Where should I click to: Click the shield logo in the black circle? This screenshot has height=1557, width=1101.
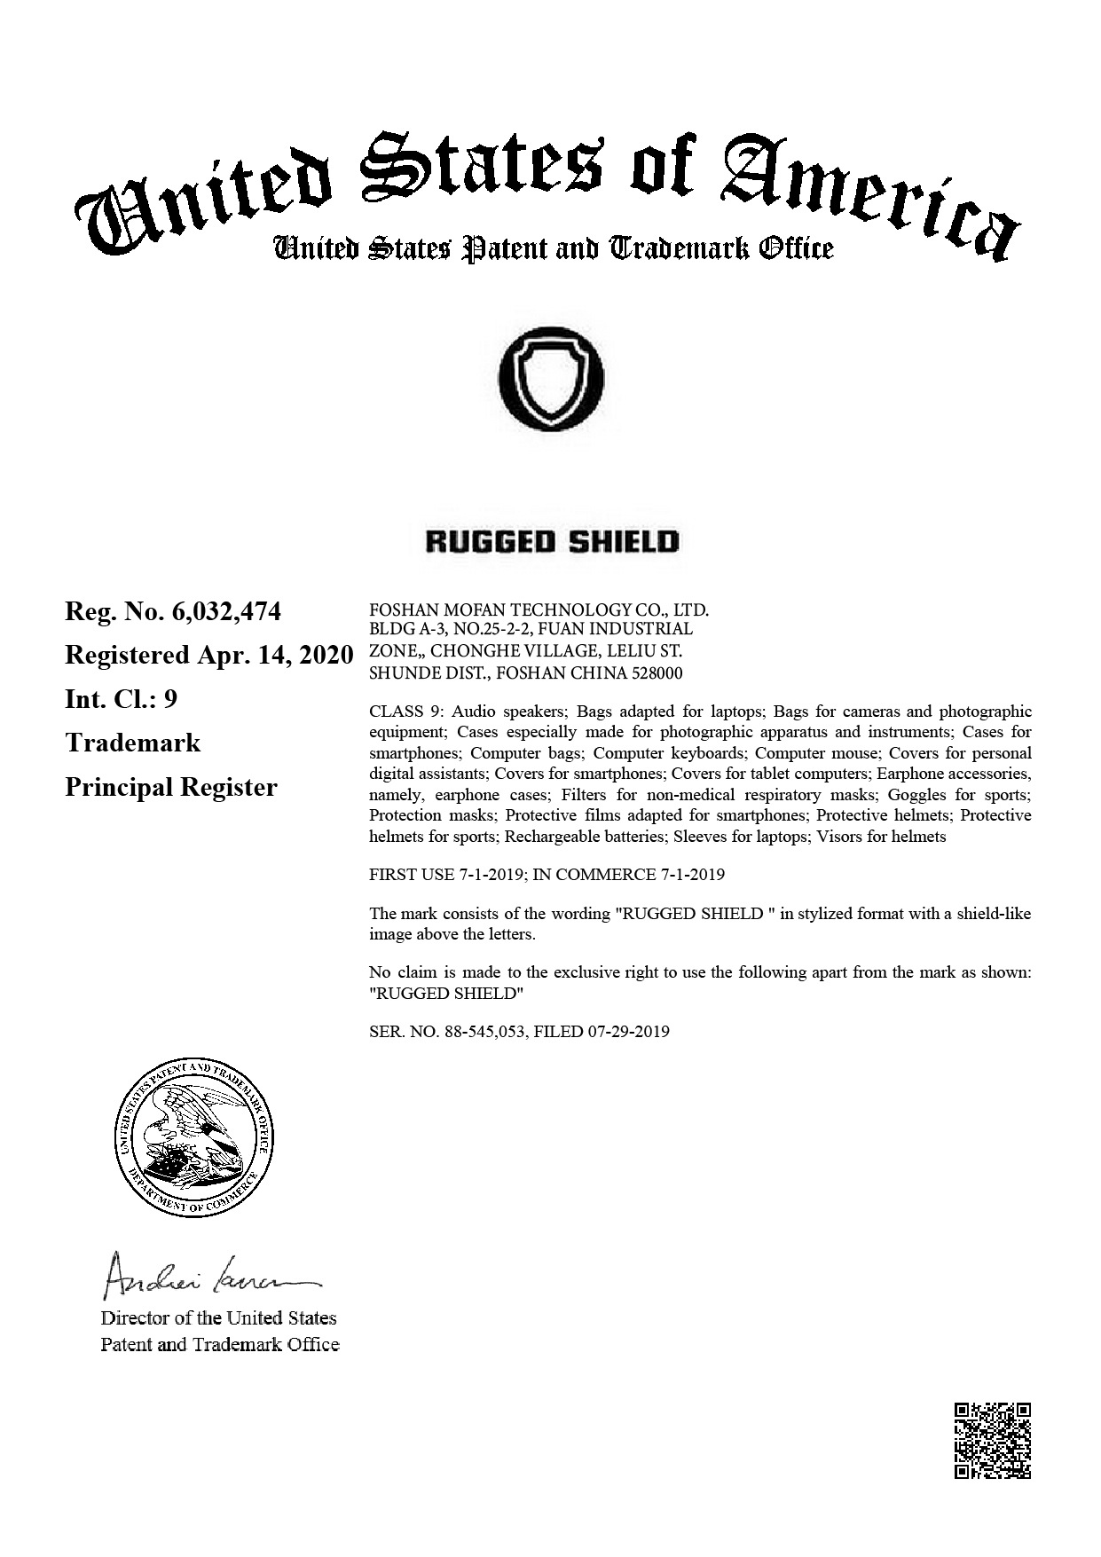coord(551,378)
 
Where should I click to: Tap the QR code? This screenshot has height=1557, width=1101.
coord(992,1440)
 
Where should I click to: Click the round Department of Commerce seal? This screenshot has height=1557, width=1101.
coord(197,1136)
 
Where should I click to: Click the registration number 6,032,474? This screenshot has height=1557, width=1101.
coord(227,611)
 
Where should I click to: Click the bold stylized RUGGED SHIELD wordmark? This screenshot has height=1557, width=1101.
coord(552,542)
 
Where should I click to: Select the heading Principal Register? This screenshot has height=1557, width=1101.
coord(171,787)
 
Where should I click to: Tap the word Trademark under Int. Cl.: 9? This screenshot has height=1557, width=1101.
coord(133,743)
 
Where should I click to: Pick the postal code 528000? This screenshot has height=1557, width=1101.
coord(657,673)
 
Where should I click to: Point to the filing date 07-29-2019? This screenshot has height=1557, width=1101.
coord(628,1032)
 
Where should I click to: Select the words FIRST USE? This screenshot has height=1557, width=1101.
coord(412,875)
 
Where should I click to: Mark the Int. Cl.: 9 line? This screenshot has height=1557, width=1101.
coord(121,699)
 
